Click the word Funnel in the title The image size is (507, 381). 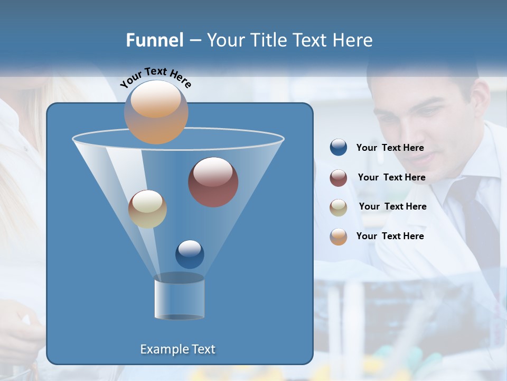click(x=155, y=40)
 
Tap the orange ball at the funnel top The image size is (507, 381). click(x=156, y=112)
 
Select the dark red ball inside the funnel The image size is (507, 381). click(x=213, y=182)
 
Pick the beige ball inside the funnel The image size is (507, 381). click(x=147, y=209)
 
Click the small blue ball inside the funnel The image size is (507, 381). click(x=190, y=254)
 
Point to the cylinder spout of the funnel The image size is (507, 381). click(x=179, y=297)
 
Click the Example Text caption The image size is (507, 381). click(x=177, y=349)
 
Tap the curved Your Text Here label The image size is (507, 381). click(x=155, y=77)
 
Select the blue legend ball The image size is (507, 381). click(x=339, y=148)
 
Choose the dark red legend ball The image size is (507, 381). click(x=339, y=178)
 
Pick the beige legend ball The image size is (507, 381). click(x=339, y=207)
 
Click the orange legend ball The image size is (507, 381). click(x=339, y=237)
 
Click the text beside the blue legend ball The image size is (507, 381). click(x=390, y=148)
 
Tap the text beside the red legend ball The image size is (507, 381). click(x=391, y=178)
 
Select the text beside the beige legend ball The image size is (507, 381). click(x=392, y=207)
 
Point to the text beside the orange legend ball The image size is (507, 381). click(x=390, y=236)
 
